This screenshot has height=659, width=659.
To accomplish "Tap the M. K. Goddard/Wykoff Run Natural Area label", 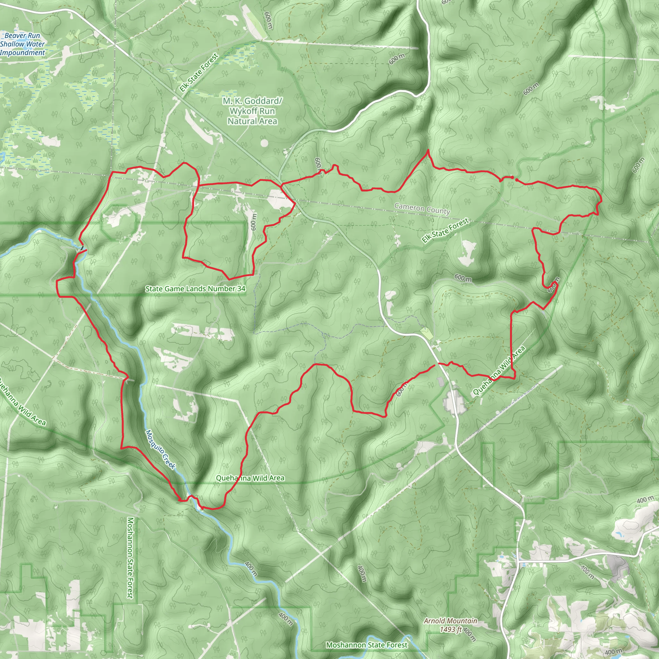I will [x=252, y=111].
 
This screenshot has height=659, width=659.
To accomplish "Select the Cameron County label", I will [x=422, y=208].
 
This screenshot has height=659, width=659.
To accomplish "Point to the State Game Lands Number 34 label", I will [x=195, y=289].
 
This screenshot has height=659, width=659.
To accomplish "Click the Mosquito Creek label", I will [x=161, y=449].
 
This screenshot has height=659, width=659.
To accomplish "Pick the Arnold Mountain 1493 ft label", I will [x=450, y=625].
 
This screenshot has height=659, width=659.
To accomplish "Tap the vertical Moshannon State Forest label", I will [x=130, y=557].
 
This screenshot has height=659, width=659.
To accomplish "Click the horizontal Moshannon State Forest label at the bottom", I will [x=367, y=645].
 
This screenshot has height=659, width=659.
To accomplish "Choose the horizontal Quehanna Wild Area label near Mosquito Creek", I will [x=250, y=478].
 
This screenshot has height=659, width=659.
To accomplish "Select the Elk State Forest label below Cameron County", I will [x=445, y=231].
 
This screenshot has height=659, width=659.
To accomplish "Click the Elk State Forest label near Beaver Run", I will [x=199, y=73].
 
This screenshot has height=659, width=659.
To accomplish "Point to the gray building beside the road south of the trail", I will [x=441, y=382].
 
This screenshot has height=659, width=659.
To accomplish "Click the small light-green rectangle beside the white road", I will [x=427, y=333].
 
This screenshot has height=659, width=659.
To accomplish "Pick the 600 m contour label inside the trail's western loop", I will [x=253, y=222].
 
